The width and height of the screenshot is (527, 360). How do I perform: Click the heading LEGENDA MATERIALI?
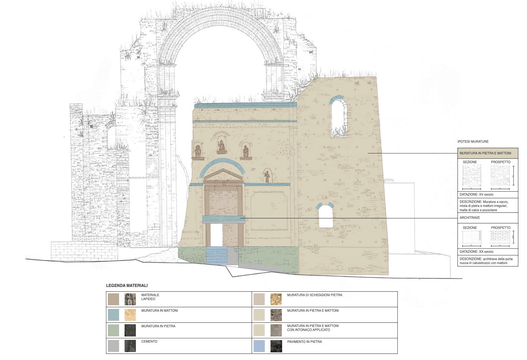coord(127,285)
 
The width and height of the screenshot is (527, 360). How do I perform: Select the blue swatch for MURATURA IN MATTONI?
coord(113,314)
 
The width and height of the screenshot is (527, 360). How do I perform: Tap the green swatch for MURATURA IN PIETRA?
coord(113,330)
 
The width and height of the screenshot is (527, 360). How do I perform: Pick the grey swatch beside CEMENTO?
coord(113,346)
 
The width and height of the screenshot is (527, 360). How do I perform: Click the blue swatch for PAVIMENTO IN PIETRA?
coord(259,346)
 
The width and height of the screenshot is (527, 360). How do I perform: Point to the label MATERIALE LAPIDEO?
coord(150,297)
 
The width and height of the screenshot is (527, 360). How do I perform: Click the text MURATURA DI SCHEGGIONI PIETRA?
coord(314,295)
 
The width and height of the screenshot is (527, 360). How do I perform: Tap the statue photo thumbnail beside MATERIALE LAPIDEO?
coord(130,299)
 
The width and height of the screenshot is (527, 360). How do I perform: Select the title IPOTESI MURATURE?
coord(473,141)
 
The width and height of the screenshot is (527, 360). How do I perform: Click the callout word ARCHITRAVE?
coord(470,218)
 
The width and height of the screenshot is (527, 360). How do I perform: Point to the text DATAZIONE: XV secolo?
coord(476,194)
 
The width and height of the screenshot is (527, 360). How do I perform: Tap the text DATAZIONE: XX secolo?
coord(476,252)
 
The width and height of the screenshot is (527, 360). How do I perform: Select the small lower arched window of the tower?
coord(325,216)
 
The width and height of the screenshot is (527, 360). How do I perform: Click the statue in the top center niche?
coord(221,146)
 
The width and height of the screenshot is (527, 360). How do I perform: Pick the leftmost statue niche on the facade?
coord(198,151)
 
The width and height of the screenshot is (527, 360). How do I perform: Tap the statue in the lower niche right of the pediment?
coord(267,177)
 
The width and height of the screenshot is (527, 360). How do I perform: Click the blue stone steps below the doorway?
coord(216,255)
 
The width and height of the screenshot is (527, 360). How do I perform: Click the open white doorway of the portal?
coord(216,235)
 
